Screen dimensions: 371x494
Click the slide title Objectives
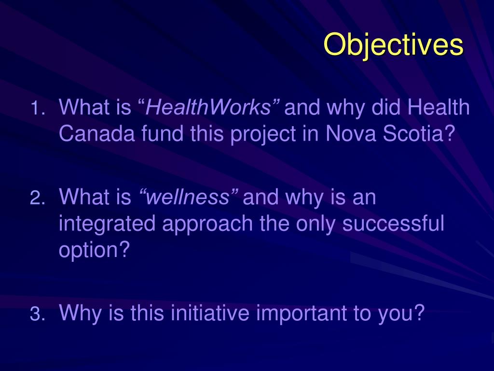[393, 45]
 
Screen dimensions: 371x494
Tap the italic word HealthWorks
[208, 108]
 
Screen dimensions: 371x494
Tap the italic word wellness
[188, 198]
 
